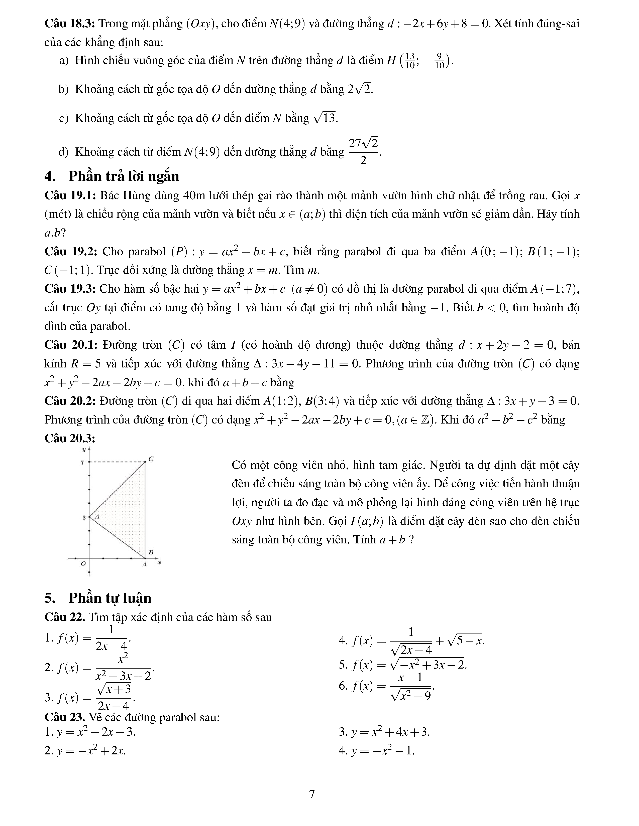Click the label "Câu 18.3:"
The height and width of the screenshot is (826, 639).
pyautogui.click(x=70, y=24)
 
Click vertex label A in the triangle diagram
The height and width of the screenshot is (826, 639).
pyautogui.click(x=97, y=516)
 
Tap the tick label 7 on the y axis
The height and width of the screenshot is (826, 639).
pyautogui.click(x=82, y=462)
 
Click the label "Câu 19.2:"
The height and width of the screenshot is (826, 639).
pyautogui.click(x=71, y=252)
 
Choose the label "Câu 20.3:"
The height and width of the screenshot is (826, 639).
pyautogui.click(x=70, y=438)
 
